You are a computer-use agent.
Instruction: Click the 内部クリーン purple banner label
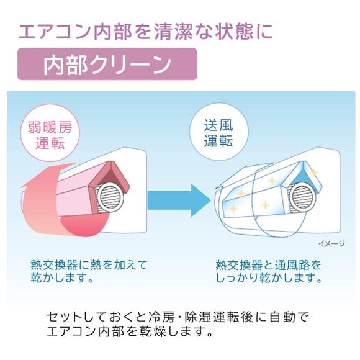107,64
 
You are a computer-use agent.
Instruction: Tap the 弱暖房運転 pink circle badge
50,135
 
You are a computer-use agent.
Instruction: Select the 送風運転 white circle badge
218,133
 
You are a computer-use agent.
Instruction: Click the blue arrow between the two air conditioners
179,200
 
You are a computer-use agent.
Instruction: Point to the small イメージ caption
332,243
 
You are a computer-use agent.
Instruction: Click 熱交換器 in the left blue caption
54,265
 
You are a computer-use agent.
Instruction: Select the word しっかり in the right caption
236,278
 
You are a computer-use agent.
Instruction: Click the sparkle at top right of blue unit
313,172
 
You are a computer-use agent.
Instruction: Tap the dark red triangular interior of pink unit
112,178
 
